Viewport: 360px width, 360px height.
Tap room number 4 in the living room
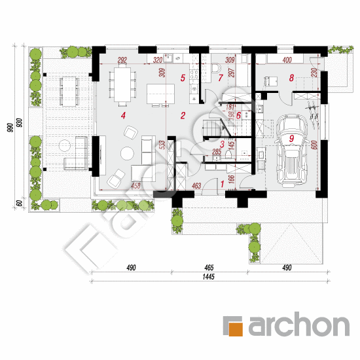(122, 115)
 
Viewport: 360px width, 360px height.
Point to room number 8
(291, 77)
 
